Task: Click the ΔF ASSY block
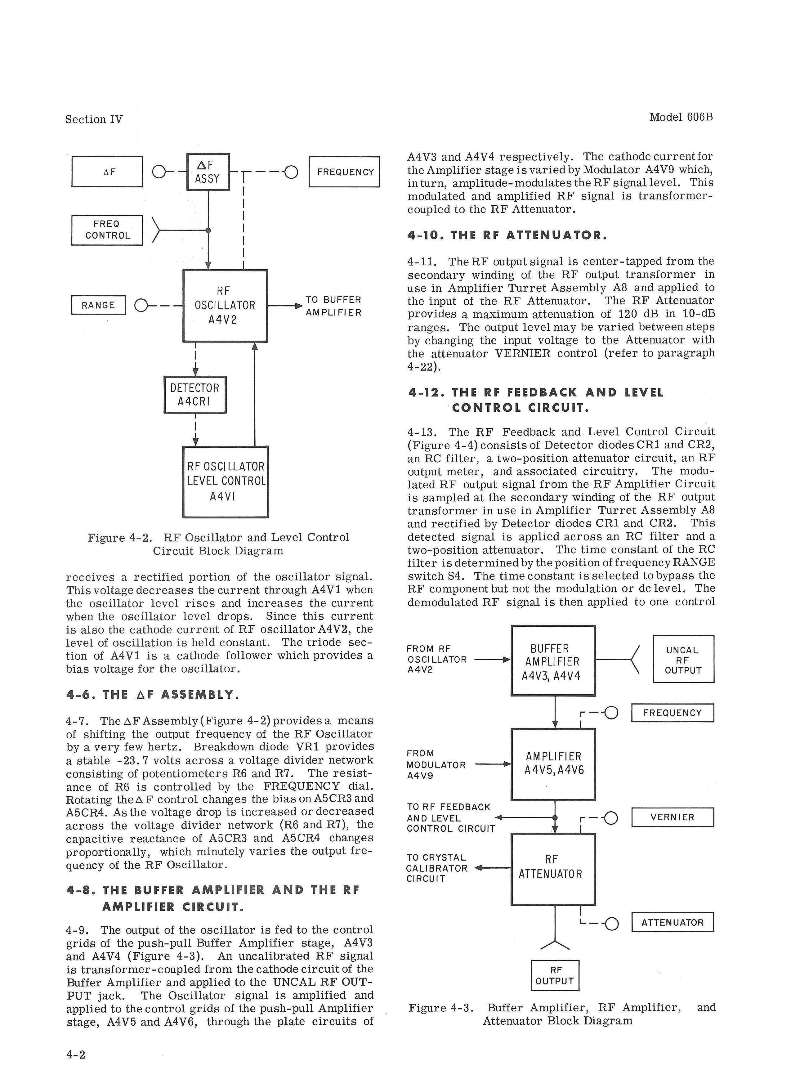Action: (208, 172)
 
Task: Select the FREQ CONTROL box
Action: (107, 230)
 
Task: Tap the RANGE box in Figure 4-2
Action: (98, 305)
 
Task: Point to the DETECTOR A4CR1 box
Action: (195, 394)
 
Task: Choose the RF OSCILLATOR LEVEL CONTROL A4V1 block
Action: (226, 481)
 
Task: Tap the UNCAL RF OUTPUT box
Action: (683, 660)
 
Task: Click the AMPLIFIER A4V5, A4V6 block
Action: (553, 764)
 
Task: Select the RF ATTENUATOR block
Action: (553, 868)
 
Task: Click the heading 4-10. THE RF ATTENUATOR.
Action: (507, 235)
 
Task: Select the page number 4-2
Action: (75, 1054)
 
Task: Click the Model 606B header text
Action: (681, 118)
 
